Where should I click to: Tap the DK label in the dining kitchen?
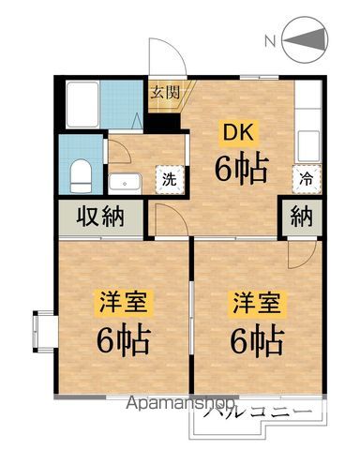[235, 133]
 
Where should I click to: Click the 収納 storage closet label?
[100, 217]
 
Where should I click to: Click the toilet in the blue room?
[80, 173]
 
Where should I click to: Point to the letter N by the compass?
[269, 41]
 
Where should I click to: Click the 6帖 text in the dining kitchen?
[241, 170]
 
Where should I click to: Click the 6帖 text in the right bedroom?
[254, 341]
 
